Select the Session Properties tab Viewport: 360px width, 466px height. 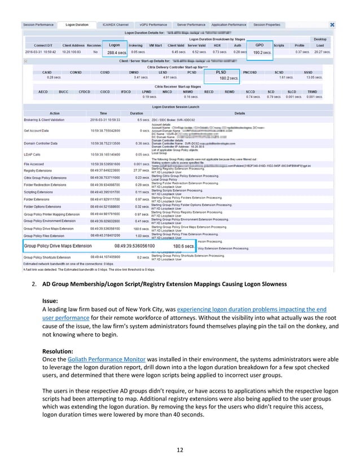(x=266, y=25)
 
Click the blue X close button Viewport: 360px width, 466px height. (x=332, y=25)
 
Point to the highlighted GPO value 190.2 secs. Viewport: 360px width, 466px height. (x=262, y=52)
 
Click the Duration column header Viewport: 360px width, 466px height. (x=136, y=113)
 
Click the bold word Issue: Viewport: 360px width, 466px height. (x=51, y=301)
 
